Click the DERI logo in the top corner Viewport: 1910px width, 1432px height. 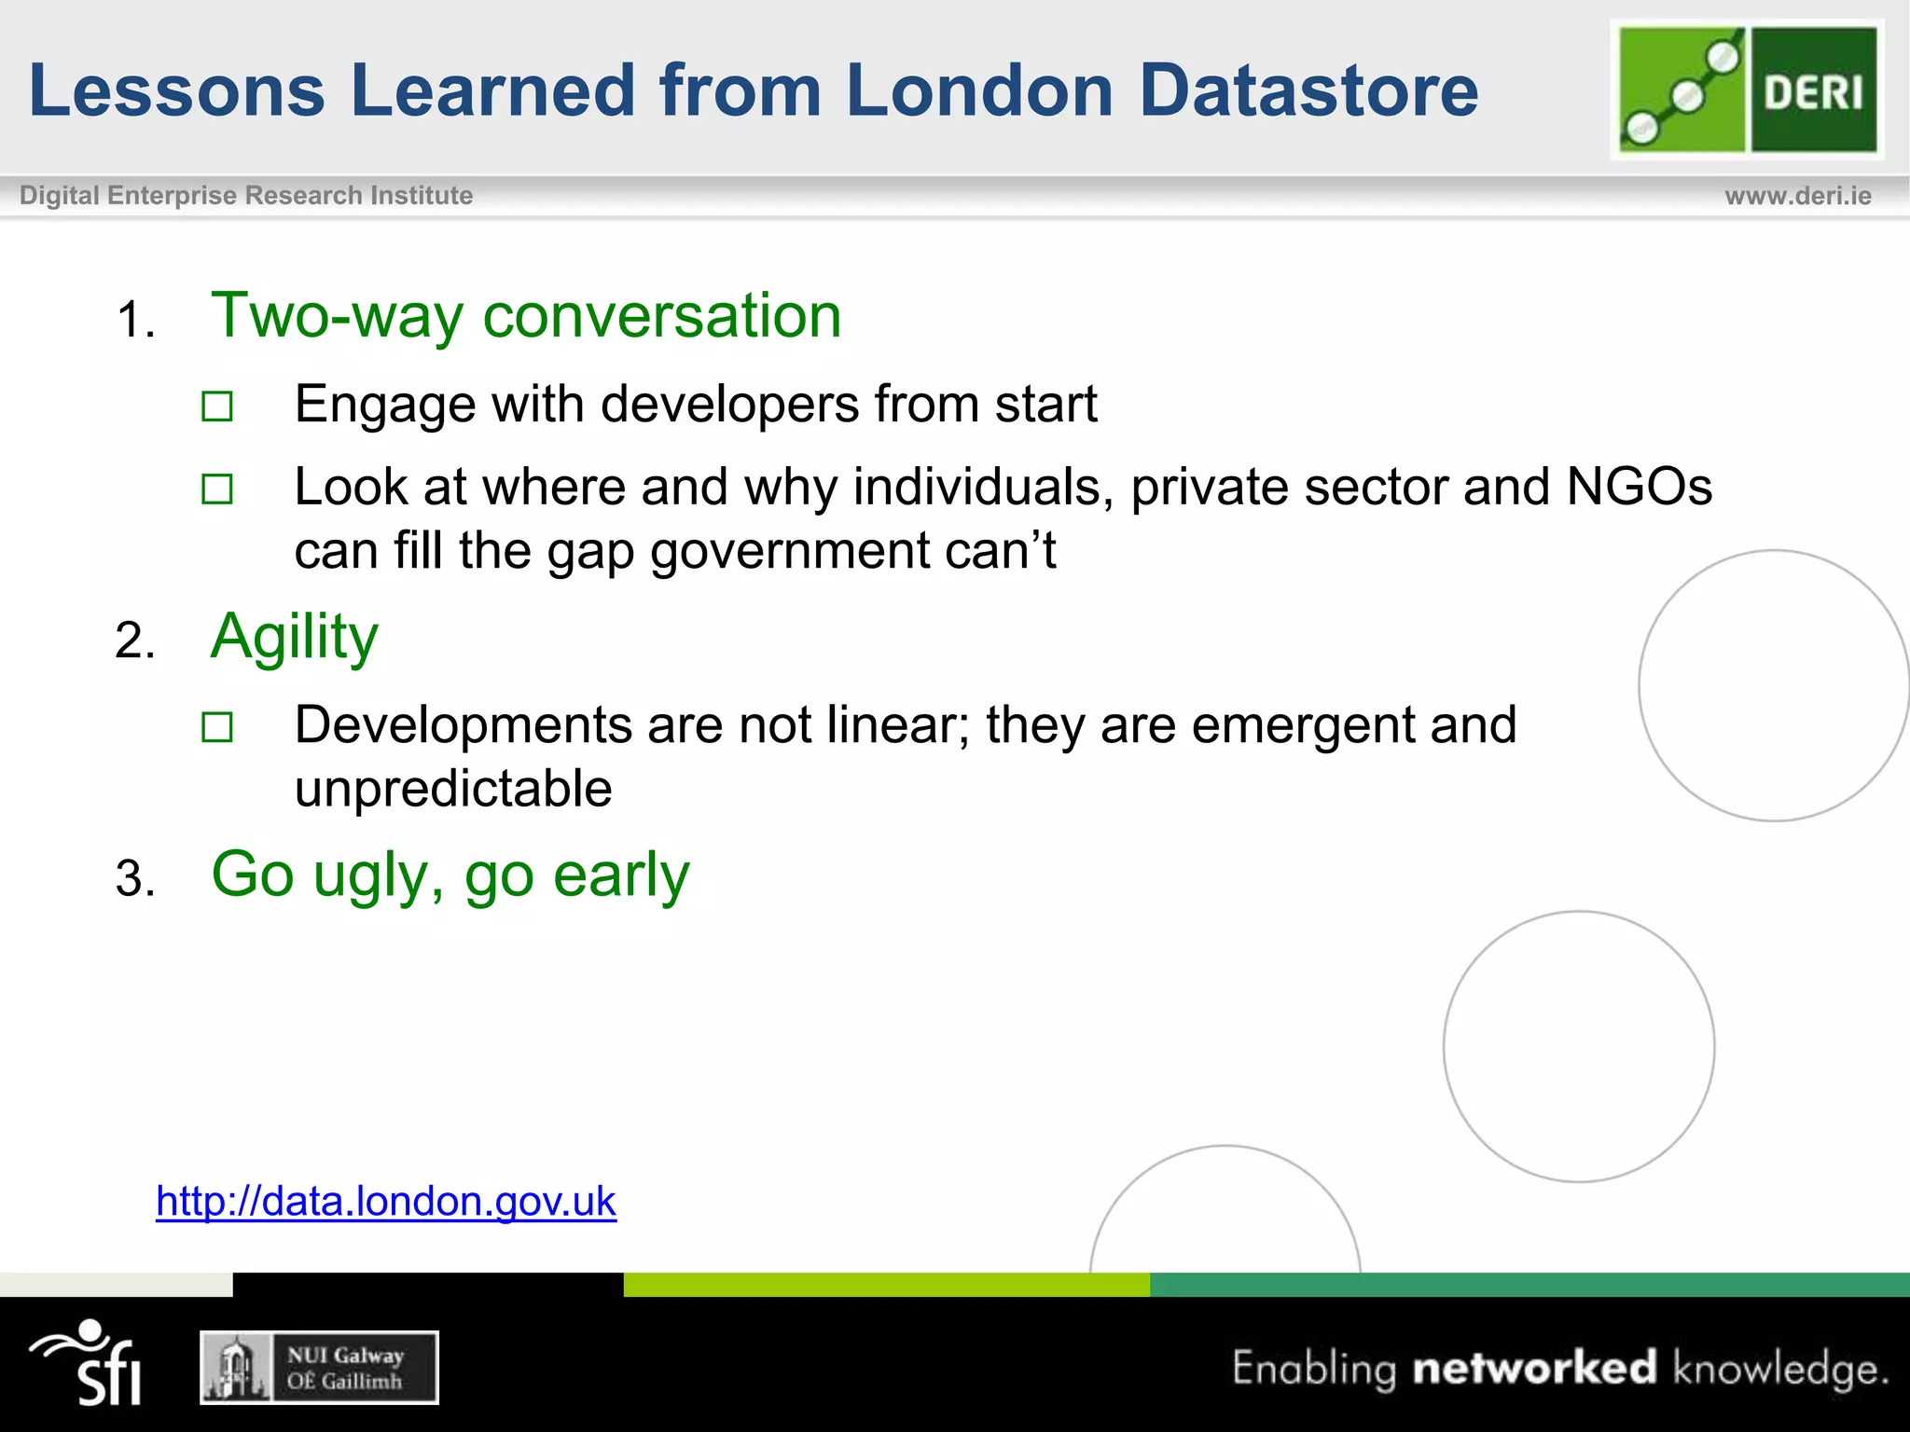(1747, 89)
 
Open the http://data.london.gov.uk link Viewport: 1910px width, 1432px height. (386, 1202)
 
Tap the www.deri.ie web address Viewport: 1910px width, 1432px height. (1797, 196)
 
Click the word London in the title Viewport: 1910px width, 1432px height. (979, 90)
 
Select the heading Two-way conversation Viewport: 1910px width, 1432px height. (526, 315)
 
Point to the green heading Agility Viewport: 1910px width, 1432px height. (295, 638)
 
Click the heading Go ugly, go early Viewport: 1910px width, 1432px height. (450, 874)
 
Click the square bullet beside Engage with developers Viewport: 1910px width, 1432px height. (217, 406)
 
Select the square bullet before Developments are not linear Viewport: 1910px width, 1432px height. (217, 727)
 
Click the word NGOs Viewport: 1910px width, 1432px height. (1639, 487)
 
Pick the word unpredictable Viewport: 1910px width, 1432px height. (453, 789)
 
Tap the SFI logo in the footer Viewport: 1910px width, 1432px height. (88, 1363)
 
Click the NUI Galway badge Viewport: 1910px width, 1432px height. (319, 1368)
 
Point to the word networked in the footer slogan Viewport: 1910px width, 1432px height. (1534, 1368)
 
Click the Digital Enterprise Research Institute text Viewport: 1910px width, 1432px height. (246, 196)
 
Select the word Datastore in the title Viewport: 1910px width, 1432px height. (1308, 90)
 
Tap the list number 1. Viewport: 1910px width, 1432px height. (134, 321)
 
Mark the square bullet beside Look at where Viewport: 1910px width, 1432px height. (217, 489)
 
